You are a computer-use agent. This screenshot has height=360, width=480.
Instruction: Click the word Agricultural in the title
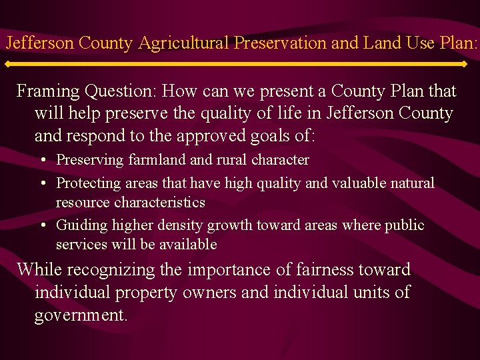[x=185, y=43]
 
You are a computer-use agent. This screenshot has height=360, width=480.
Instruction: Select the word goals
[x=265, y=136]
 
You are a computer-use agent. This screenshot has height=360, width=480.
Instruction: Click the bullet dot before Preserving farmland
[x=42, y=161]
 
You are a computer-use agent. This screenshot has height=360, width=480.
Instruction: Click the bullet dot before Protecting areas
[x=42, y=183]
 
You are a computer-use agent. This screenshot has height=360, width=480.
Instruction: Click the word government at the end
[x=81, y=315]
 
